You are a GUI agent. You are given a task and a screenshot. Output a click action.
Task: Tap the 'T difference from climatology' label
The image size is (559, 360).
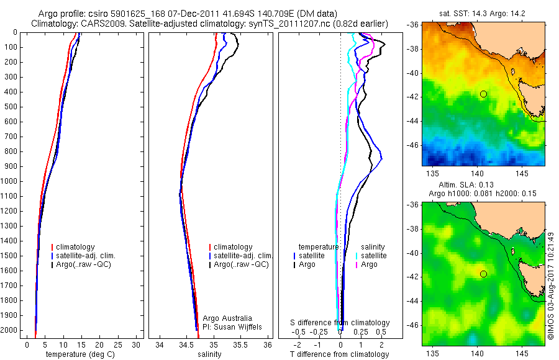(340, 354)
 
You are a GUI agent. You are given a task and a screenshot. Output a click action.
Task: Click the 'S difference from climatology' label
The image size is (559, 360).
(340, 323)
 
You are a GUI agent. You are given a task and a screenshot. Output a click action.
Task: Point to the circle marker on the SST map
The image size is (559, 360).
(483, 94)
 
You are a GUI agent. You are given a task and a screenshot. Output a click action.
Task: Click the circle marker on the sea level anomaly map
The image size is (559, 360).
(483, 274)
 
